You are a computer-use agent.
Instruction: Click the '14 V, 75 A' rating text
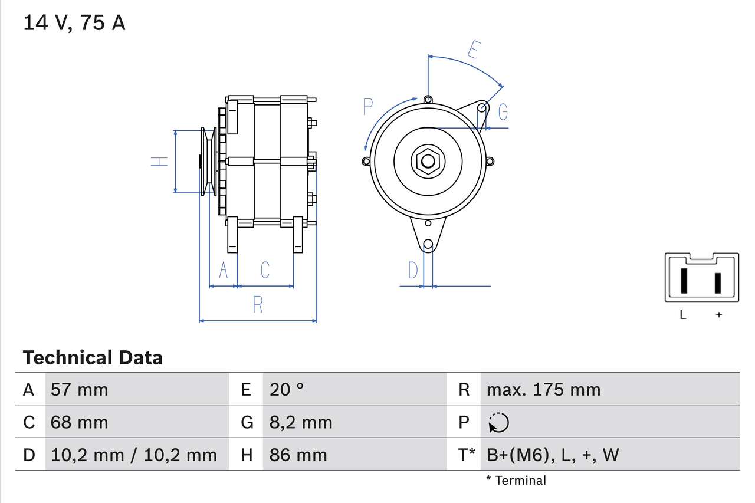pyautogui.click(x=74, y=23)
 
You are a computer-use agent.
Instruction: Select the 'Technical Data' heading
pyautogui.click(x=93, y=357)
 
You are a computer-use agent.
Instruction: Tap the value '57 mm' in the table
pyautogui.click(x=80, y=389)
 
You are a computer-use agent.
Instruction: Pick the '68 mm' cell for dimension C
pyautogui.click(x=80, y=422)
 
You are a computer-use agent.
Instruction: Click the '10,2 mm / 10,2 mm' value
pyautogui.click(x=134, y=455)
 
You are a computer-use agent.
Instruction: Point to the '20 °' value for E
pyautogui.click(x=287, y=389)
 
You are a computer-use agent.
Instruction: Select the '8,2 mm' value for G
pyautogui.click(x=301, y=422)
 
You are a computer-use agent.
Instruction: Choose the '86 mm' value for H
pyautogui.click(x=298, y=455)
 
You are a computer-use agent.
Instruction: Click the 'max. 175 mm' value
pyautogui.click(x=543, y=389)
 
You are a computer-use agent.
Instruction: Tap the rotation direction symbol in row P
pyautogui.click(x=498, y=422)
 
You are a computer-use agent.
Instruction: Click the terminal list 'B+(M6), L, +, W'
pyautogui.click(x=553, y=455)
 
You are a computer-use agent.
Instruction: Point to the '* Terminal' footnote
pyautogui.click(x=516, y=481)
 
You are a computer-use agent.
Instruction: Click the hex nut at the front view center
pyautogui.click(x=428, y=161)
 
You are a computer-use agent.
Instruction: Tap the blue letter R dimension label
pyautogui.click(x=258, y=305)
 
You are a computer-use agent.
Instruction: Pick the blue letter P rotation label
pyautogui.click(x=368, y=107)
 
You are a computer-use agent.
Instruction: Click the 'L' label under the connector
pyautogui.click(x=683, y=315)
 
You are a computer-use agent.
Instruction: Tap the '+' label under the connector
pyautogui.click(x=718, y=315)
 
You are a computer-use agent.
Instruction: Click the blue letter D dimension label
pyautogui.click(x=413, y=270)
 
